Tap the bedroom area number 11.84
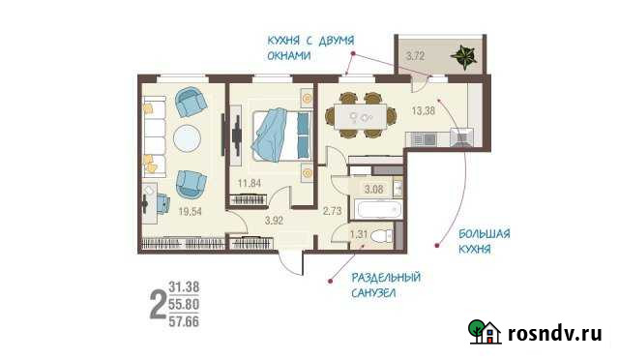tap(251, 182)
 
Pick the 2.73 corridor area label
tap(334, 209)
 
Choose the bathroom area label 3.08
tap(373, 188)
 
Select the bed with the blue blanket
tap(279, 135)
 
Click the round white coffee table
tap(188, 137)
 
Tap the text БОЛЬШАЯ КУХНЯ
tap(484, 241)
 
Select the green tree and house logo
tap(485, 332)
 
